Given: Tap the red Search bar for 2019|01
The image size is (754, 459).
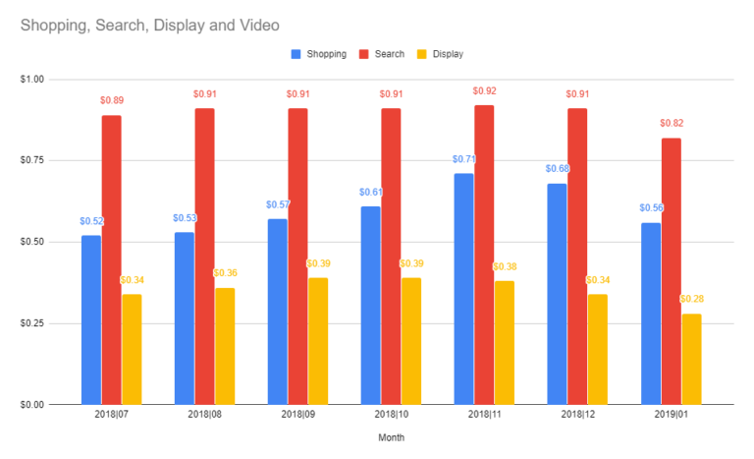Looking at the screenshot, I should [x=671, y=271].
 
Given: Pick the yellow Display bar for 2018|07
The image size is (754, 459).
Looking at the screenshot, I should [x=132, y=349].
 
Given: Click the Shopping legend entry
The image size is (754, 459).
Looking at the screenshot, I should [x=319, y=54].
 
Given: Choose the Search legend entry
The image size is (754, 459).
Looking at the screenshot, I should [x=383, y=54].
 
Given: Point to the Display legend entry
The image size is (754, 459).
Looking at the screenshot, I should [x=441, y=54].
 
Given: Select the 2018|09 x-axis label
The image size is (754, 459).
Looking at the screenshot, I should [x=297, y=416].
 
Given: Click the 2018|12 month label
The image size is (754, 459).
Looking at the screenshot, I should [x=577, y=416].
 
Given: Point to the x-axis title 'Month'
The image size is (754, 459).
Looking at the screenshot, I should [x=391, y=438].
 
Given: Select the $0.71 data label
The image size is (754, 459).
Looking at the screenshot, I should [x=463, y=159].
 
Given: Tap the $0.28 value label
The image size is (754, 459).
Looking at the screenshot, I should [x=691, y=299].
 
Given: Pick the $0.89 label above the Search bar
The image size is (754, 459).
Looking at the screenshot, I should [x=112, y=100].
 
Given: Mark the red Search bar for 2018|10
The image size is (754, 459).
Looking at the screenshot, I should [x=391, y=256].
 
